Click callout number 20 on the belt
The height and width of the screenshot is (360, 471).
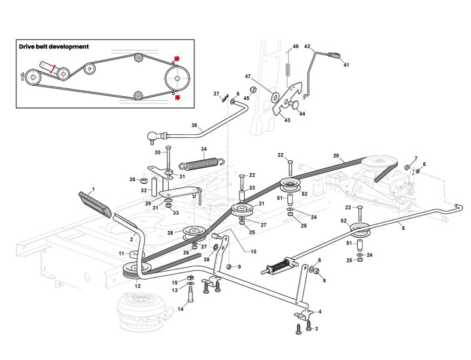tap(336, 156)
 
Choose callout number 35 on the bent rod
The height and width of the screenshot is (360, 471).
tap(194, 125)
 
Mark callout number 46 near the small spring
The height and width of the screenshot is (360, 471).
tap(296, 46)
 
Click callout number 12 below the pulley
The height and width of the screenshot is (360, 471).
tap(137, 286)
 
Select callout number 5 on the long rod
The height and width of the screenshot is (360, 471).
tap(403, 228)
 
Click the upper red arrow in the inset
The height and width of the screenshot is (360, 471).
tap(177, 58)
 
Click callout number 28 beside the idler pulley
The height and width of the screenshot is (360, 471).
tap(170, 233)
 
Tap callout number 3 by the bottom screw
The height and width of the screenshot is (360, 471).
tap(316, 329)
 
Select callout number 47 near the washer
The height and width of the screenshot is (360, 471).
tap(248, 77)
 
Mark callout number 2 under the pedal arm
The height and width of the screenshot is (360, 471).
tap(131, 240)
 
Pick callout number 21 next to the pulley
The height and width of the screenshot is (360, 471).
tap(261, 204)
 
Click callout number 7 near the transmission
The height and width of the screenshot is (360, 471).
tap(415, 158)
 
